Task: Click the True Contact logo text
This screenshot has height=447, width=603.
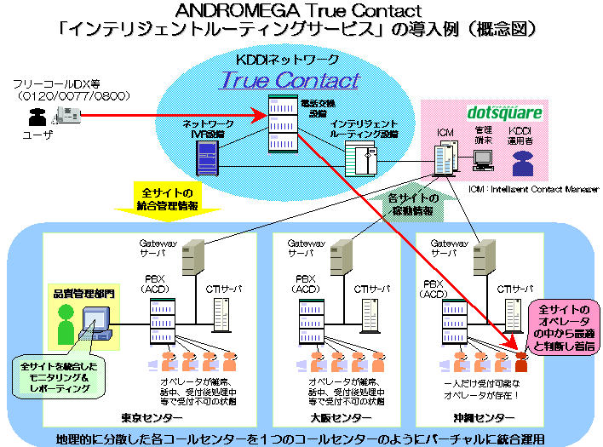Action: [x=290, y=81]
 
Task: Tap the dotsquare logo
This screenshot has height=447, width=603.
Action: [x=504, y=112]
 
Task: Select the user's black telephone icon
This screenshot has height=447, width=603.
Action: [x=36, y=120]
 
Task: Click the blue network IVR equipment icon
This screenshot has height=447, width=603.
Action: [x=205, y=156]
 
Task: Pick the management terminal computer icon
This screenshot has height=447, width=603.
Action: [x=484, y=158]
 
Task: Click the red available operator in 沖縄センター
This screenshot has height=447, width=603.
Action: [x=521, y=361]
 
